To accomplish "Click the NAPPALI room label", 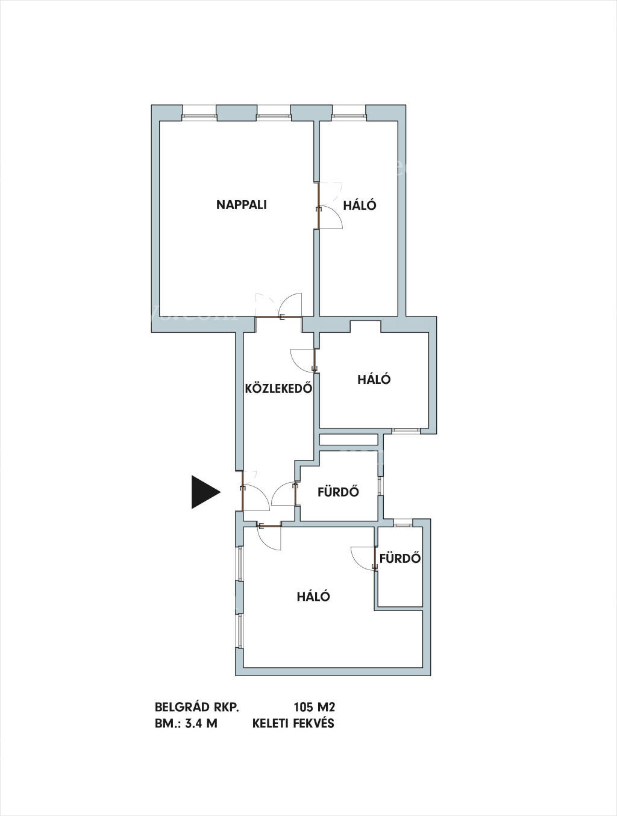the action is [x=242, y=205].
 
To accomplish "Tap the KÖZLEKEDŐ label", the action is [x=278, y=389].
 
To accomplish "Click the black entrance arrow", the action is [x=206, y=492].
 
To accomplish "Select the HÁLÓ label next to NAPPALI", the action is [x=360, y=206].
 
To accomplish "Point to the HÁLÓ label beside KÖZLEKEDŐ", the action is [x=374, y=379].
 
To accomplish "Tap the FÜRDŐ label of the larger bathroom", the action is [x=338, y=491].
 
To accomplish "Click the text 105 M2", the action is [x=315, y=707].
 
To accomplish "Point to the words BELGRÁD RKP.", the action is [x=196, y=707].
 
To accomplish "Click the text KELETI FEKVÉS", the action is [x=293, y=723].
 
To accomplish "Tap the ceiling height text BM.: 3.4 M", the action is [x=186, y=724].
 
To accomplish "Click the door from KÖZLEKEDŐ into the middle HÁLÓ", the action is [x=303, y=360].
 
